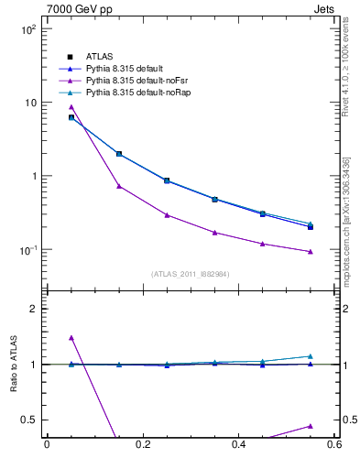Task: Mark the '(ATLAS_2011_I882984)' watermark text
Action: pos(191,274)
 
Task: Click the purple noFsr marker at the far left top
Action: pos(71,107)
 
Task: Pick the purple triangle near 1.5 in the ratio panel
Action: pos(71,338)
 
